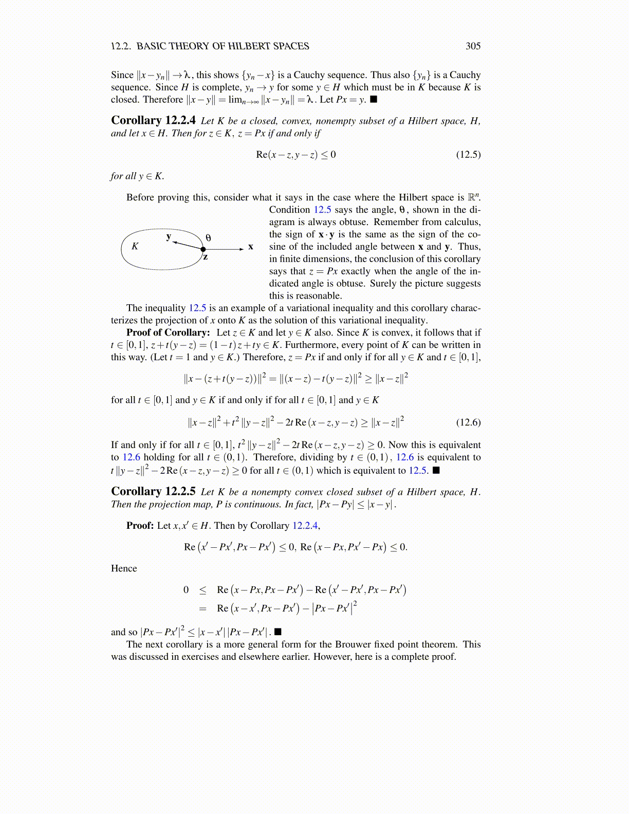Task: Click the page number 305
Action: pos(473,46)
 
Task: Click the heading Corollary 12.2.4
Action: pos(153,121)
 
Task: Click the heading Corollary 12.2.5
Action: pos(153,492)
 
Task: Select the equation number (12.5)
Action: pos(468,155)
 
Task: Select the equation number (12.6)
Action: pos(468,422)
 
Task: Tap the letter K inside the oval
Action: pos(135,246)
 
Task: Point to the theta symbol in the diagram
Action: pos(208,238)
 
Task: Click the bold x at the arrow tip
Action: pos(251,247)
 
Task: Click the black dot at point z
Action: pos(203,249)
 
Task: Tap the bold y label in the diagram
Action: pos(169,236)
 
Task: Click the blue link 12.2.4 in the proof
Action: pos(306,526)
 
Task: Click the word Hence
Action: pos(124,568)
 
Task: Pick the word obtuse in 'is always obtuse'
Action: pos(353,222)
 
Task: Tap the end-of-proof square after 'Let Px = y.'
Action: pos(374,100)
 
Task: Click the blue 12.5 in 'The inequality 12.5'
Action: pos(197,308)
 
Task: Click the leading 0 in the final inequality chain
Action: pos(186,590)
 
